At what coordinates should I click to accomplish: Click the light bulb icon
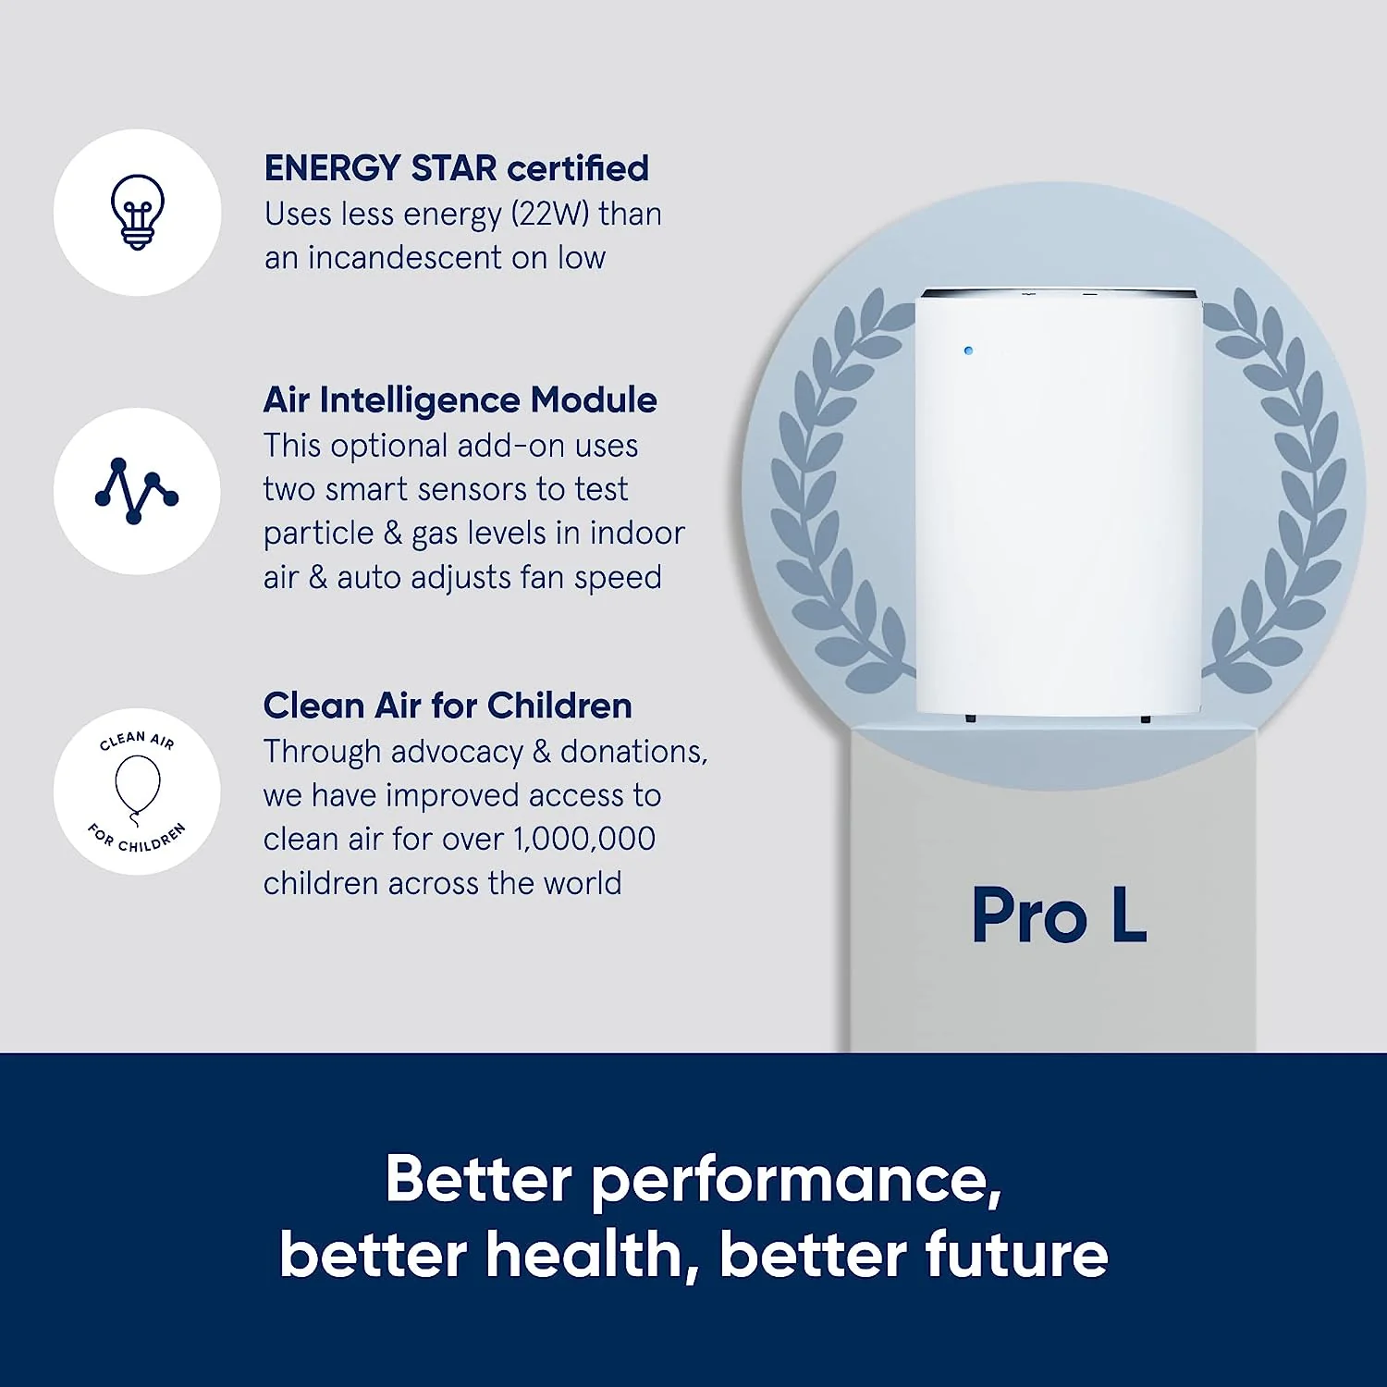click(x=137, y=211)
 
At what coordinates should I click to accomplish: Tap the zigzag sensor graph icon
click(x=136, y=490)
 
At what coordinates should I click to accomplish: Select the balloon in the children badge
click(x=137, y=784)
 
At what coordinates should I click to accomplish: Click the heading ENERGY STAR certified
click(x=456, y=168)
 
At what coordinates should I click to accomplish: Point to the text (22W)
click(x=550, y=214)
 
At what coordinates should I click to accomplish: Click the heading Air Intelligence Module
click(x=460, y=400)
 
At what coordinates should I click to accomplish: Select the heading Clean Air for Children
click(x=448, y=706)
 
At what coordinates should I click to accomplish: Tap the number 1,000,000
click(x=584, y=839)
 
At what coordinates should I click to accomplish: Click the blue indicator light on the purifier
click(x=968, y=351)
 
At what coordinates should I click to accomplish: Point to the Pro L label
click(x=1059, y=915)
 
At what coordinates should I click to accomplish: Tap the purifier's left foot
click(x=970, y=718)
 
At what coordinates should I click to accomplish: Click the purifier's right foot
click(x=1146, y=718)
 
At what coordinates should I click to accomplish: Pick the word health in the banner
click(x=585, y=1256)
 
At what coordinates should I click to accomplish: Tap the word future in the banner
click(x=1016, y=1256)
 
